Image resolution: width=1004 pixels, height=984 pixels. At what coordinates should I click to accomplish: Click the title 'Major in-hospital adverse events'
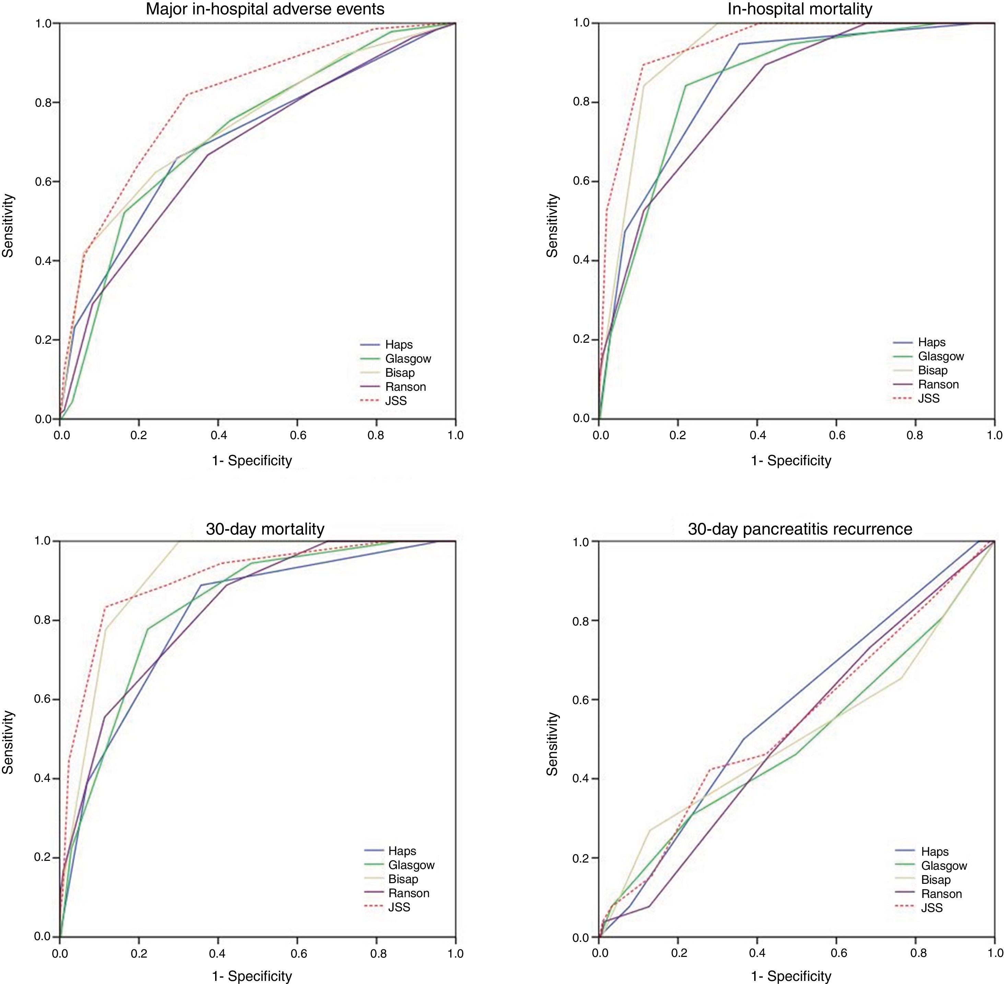(265, 9)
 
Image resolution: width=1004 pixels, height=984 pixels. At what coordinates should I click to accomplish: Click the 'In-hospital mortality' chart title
(799, 9)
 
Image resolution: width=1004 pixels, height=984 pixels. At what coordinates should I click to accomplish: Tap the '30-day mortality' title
(265, 529)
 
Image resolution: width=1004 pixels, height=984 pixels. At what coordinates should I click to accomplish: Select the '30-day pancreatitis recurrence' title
(800, 529)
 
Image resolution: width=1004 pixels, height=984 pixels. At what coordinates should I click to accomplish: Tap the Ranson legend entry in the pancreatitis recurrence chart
(942, 893)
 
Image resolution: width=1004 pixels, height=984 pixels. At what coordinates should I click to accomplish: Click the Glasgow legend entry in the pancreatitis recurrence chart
(944, 866)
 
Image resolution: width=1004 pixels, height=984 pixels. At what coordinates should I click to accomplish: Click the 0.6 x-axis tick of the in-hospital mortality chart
(837, 435)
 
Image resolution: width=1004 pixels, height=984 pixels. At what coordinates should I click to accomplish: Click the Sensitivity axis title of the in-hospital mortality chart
(552, 225)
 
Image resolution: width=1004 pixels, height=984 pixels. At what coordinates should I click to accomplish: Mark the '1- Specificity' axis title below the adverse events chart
(252, 460)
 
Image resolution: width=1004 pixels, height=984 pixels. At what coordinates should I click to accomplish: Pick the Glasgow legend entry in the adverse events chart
(408, 359)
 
